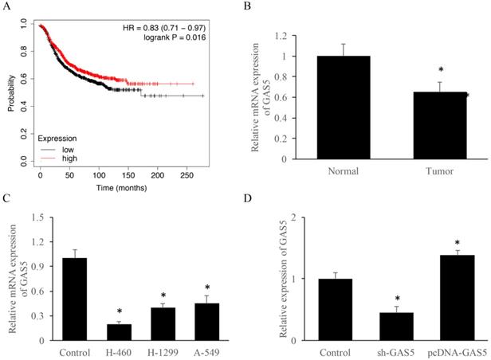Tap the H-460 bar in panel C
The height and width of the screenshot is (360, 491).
118,332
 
